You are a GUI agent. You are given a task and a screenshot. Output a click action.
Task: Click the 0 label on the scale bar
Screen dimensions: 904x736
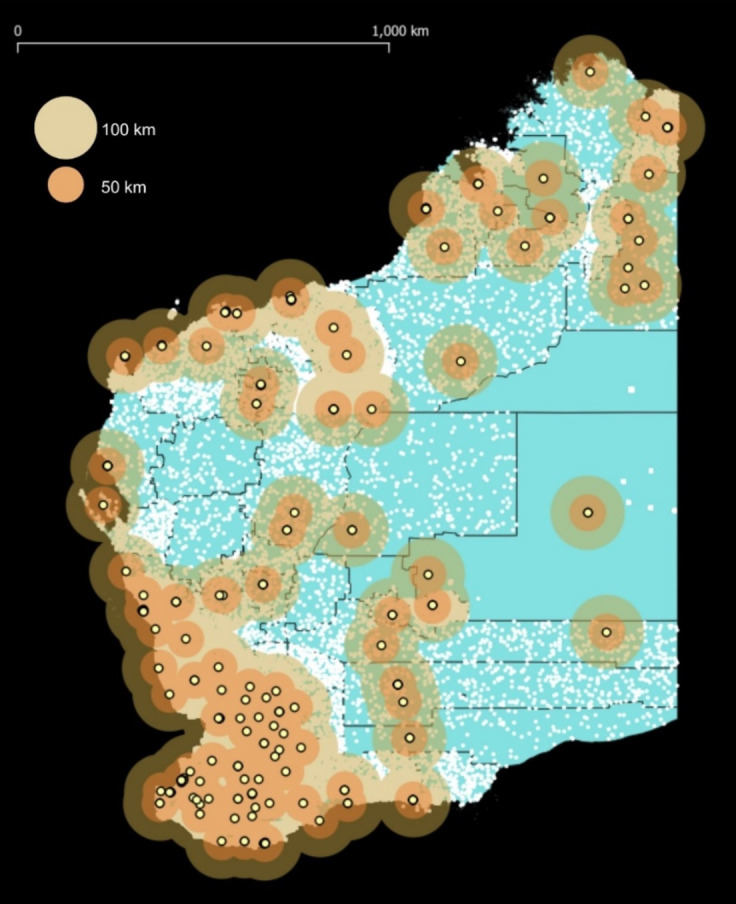click(x=19, y=31)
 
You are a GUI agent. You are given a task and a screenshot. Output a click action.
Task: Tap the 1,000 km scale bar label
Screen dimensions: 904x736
click(x=400, y=31)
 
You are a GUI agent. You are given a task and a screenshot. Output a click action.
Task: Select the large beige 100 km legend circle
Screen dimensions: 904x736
click(x=66, y=128)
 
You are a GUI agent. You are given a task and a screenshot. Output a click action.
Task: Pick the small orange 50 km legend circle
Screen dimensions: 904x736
click(x=66, y=185)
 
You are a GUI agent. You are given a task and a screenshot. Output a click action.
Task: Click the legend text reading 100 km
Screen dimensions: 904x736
click(x=128, y=130)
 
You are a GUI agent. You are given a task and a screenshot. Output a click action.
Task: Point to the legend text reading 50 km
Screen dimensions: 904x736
click(x=124, y=187)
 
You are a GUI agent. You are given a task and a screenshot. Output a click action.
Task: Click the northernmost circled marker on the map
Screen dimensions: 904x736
click(x=590, y=71)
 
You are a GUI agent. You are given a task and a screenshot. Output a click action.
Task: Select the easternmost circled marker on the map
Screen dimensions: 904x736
click(x=669, y=127)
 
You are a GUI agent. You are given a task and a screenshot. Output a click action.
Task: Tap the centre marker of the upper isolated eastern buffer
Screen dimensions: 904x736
click(x=588, y=513)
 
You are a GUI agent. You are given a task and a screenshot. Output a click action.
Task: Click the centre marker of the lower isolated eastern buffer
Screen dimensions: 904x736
click(x=606, y=632)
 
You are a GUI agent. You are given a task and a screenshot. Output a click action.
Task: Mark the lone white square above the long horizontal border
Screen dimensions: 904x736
click(x=632, y=389)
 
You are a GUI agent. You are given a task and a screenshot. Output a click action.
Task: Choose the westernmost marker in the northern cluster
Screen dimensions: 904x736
click(x=426, y=209)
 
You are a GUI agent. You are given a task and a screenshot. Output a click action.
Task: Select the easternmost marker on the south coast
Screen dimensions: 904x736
click(x=413, y=800)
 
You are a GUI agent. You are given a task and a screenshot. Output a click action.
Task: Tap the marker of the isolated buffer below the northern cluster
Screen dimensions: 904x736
click(x=461, y=361)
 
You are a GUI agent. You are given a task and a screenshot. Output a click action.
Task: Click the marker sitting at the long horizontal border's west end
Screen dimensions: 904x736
click(x=372, y=408)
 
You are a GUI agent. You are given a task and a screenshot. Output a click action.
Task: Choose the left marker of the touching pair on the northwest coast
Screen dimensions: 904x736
click(x=225, y=312)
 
